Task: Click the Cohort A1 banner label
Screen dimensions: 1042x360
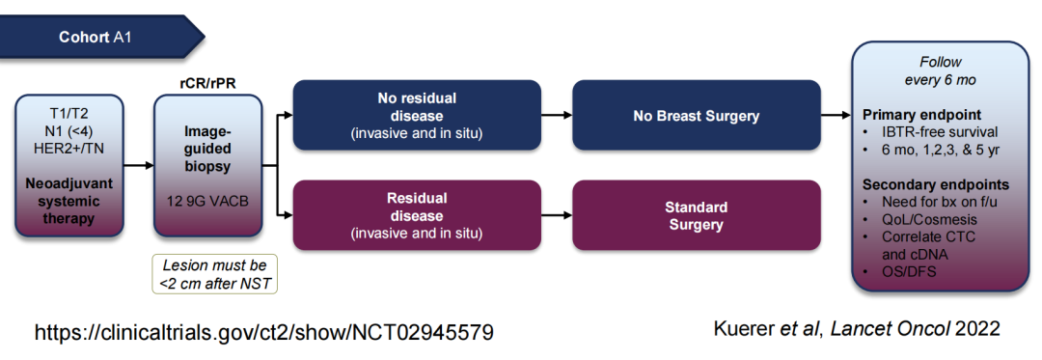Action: click(x=95, y=38)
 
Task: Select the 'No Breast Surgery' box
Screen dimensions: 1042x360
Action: click(x=697, y=116)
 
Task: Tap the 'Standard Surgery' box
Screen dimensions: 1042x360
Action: click(x=697, y=215)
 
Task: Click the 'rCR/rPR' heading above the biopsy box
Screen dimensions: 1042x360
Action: click(x=208, y=83)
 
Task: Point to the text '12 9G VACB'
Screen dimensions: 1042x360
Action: click(x=208, y=201)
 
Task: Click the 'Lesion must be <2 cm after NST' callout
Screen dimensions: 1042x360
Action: click(x=214, y=274)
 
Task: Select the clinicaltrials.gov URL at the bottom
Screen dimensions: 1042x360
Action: click(x=263, y=331)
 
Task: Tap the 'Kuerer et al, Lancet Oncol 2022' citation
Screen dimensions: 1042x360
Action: click(x=857, y=328)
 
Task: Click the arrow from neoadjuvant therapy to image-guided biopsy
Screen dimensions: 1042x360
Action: click(x=139, y=165)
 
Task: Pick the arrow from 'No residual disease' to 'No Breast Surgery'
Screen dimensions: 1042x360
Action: click(x=557, y=115)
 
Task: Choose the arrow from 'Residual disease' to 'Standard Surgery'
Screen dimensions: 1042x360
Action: click(x=557, y=215)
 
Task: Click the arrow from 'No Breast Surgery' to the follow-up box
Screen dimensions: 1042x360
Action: click(x=836, y=115)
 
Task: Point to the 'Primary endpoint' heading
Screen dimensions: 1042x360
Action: click(x=921, y=114)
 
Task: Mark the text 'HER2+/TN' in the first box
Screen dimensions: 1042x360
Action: click(x=69, y=148)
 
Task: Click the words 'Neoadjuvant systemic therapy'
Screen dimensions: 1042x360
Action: click(x=69, y=201)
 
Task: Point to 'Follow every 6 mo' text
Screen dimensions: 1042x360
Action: click(x=941, y=70)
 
